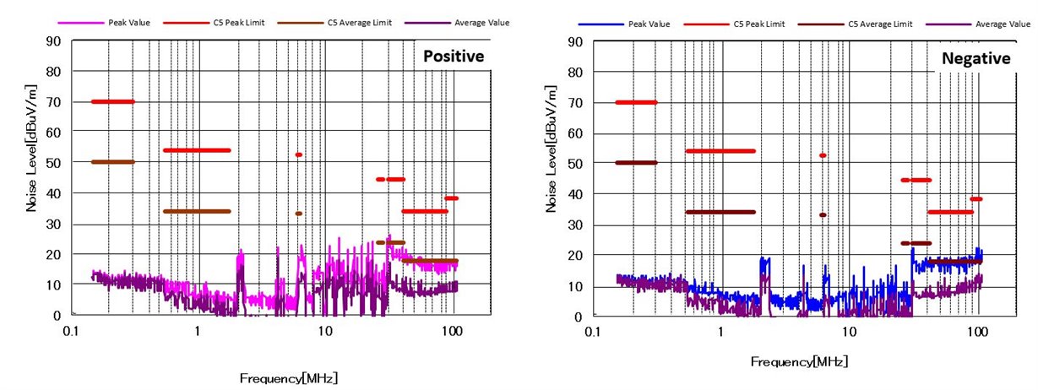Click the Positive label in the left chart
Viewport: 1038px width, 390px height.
point(453,57)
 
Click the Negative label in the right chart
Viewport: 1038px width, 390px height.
point(976,58)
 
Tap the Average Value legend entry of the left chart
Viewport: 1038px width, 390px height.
point(461,22)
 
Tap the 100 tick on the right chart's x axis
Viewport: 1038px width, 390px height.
point(978,332)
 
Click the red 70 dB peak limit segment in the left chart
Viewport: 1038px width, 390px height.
point(113,101)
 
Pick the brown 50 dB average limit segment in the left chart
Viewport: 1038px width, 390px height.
point(113,162)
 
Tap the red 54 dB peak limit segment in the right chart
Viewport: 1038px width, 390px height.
point(720,151)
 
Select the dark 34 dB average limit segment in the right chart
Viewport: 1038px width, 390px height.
point(720,212)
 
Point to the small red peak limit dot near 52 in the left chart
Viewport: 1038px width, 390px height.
point(298,154)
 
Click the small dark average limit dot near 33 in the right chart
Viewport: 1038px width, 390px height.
point(823,214)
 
